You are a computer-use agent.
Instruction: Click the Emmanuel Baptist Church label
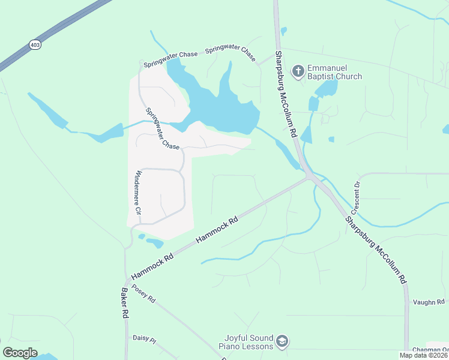334,72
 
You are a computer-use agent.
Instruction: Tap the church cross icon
298,72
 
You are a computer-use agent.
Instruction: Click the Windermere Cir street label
138,193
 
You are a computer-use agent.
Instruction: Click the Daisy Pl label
144,340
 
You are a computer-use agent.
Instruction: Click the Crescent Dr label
356,198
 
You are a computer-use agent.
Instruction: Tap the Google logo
20,353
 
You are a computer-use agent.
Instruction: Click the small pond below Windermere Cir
154,242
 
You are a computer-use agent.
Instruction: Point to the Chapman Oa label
430,350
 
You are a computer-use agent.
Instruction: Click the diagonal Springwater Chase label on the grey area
162,128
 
